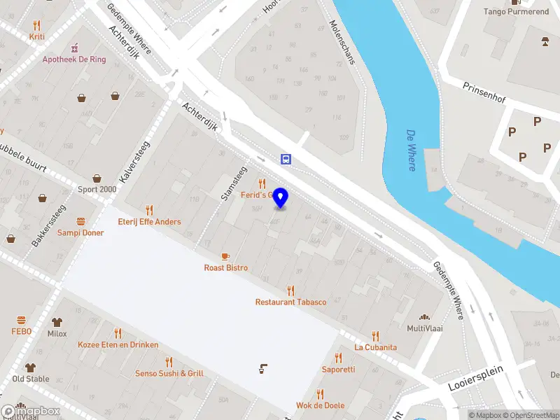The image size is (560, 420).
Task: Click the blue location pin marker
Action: [281, 197]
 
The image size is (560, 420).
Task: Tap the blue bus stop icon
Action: [286, 159]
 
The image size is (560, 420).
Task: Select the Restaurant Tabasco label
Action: [290, 302]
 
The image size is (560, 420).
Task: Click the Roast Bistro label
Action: [225, 267]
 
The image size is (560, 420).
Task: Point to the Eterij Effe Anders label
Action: [149, 222]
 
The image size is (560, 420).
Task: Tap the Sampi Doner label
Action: [80, 232]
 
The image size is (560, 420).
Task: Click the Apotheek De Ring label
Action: [74, 59]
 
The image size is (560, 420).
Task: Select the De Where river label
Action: [411, 149]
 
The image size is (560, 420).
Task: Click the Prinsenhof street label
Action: [484, 94]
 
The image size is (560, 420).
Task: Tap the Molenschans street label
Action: [342, 42]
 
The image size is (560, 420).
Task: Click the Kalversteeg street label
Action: [134, 162]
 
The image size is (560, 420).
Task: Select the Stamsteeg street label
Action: [234, 183]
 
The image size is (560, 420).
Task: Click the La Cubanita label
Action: [375, 347]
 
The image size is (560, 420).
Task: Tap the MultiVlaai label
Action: [424, 328]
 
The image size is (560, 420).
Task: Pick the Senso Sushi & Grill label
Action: [169, 373]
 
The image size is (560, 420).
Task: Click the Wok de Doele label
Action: [320, 405]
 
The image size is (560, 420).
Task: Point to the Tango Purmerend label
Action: [516, 11]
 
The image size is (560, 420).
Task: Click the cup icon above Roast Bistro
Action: [225, 257]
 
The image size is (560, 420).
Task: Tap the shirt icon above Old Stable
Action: [30, 367]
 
